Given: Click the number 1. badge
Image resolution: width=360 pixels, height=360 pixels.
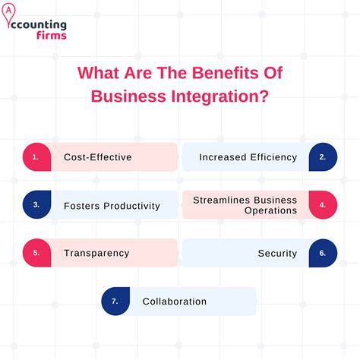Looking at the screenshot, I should tap(35, 157).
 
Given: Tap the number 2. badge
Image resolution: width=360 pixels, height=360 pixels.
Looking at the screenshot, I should tap(323, 157).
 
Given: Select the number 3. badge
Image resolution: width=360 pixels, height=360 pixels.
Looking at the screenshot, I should tap(35, 205).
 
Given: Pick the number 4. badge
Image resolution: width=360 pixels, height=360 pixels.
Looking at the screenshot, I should tap(323, 205).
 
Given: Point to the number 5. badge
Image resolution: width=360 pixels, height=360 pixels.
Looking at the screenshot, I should tap(35, 253).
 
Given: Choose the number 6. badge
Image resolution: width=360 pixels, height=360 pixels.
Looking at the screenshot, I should tap(323, 253).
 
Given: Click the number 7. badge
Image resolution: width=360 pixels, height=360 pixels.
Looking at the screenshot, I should tap(115, 301).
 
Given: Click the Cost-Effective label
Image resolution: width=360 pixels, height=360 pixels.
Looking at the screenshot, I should tap(98, 157).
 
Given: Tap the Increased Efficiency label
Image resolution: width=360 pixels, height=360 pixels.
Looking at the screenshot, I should tap(248, 157).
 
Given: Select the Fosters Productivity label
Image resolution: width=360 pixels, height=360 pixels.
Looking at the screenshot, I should tap(112, 205).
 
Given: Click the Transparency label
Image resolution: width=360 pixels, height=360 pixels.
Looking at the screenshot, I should tap(96, 253).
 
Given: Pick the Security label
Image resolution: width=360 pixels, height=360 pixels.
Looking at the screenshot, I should tap(277, 253).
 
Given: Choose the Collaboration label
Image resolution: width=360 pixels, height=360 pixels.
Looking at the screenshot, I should tap(174, 302).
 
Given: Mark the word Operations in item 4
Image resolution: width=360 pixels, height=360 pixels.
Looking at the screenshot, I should tap(265, 210).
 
